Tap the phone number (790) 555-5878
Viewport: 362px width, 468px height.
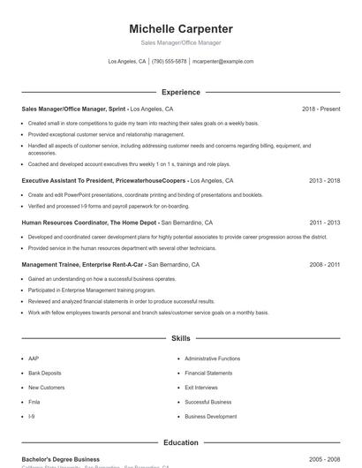pos(169,62)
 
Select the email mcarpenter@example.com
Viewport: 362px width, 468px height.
pos(222,62)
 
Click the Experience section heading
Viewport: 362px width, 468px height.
pos(180,92)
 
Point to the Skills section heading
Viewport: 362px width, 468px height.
pos(180,338)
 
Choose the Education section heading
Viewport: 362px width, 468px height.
pos(180,442)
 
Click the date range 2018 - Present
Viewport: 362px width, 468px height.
pos(321,109)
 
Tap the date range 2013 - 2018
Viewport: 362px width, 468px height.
pos(324,180)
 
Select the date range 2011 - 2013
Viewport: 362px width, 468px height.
pos(324,223)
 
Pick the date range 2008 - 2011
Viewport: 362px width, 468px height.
pos(324,264)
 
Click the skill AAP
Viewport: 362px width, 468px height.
pos(34,359)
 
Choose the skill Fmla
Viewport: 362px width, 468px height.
pos(34,402)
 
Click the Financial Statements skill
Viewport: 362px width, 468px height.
pos(208,373)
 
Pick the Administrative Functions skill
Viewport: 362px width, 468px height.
pos(212,359)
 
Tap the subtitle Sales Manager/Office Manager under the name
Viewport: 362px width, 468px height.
pos(180,42)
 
